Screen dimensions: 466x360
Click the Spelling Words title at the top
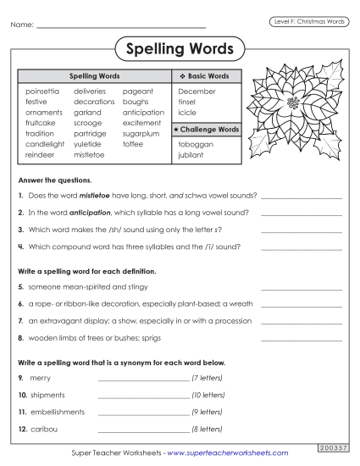point(179,47)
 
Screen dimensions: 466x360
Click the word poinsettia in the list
point(43,91)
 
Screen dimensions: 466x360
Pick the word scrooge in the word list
point(88,123)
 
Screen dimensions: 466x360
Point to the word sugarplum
point(141,134)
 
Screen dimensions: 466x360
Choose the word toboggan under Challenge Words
point(196,145)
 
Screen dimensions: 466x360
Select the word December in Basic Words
point(197,91)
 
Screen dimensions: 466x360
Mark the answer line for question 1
point(302,197)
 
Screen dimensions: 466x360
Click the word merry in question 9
point(41,378)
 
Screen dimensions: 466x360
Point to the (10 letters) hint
point(208,395)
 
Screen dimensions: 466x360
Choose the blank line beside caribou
point(143,430)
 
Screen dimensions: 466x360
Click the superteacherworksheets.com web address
point(228,453)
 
